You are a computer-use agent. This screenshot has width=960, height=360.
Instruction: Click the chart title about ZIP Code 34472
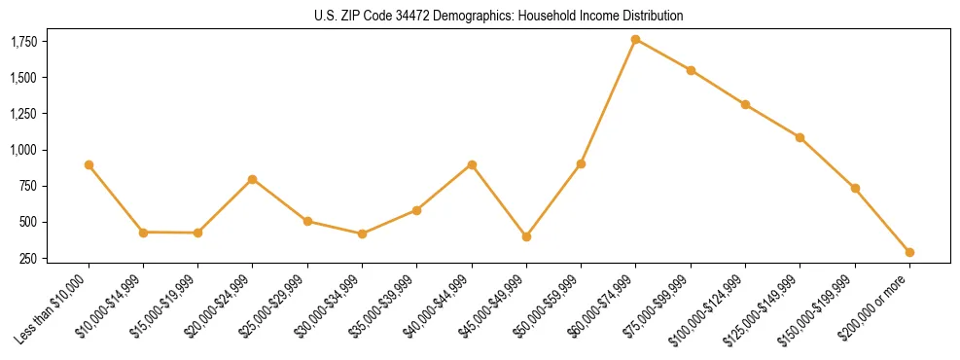[x=499, y=16]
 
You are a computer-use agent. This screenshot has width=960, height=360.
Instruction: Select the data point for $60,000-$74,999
[x=635, y=39]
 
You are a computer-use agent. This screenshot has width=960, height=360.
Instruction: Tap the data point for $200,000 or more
[x=909, y=252]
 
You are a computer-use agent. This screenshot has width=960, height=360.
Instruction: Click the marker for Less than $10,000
[x=89, y=165]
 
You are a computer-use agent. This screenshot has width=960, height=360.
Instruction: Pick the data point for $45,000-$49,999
[x=526, y=236]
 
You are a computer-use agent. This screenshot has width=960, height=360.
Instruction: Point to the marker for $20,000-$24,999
[x=253, y=179]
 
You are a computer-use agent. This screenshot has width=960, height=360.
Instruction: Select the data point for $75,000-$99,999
[x=691, y=70]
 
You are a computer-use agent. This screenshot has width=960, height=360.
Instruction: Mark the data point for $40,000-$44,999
[x=472, y=165]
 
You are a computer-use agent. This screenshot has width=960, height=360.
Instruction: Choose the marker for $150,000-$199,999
[x=855, y=188]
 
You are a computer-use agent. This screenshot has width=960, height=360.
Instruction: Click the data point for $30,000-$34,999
[x=362, y=234]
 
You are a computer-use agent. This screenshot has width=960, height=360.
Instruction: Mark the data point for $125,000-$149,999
[x=800, y=137]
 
